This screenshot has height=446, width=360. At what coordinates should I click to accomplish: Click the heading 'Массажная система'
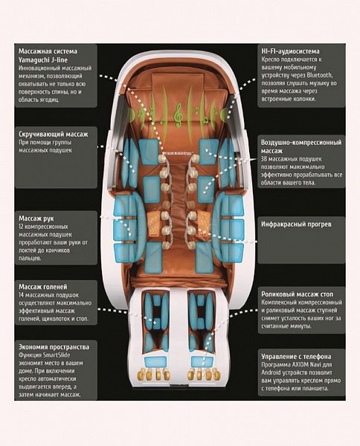pyautogui.click(x=48, y=51)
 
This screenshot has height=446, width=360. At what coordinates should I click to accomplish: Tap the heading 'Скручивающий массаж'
pyautogui.click(x=54, y=135)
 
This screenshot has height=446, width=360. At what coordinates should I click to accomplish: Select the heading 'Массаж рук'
pyautogui.click(x=36, y=219)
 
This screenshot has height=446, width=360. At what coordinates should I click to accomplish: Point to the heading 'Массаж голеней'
pyautogui.click(x=43, y=287)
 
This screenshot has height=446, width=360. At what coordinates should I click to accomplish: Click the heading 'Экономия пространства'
pyautogui.click(x=54, y=347)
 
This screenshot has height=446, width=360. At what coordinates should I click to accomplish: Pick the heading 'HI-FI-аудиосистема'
pyautogui.click(x=290, y=51)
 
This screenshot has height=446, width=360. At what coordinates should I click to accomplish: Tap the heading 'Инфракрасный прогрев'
pyautogui.click(x=296, y=224)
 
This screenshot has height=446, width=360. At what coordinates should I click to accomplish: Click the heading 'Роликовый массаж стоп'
pyautogui.click(x=297, y=294)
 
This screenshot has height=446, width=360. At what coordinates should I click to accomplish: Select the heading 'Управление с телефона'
pyautogui.click(x=296, y=356)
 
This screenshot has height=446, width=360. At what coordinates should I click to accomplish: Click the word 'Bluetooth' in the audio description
pyautogui.click(x=319, y=75)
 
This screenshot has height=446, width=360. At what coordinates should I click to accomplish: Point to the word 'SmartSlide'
pyautogui.click(x=57, y=355)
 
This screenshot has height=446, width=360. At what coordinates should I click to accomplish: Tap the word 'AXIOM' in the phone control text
pyautogui.click(x=298, y=365)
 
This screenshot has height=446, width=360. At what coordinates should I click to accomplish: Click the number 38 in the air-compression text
pyautogui.click(x=264, y=159)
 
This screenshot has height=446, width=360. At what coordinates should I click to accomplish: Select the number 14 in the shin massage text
pyautogui.click(x=22, y=295)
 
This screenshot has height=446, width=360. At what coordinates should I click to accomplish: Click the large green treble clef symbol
pyautogui.click(x=179, y=115)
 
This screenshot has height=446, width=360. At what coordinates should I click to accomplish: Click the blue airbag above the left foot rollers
pyautogui.click(x=155, y=363)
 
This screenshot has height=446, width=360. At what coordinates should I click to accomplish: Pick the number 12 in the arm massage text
pyautogui.click(x=22, y=227)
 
